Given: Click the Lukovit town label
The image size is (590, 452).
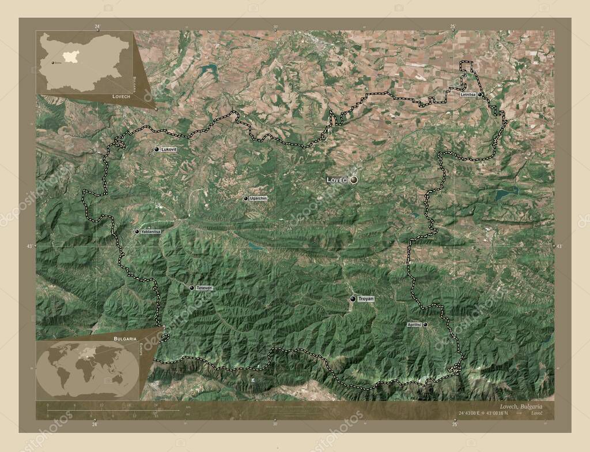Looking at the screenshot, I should tap(169, 149).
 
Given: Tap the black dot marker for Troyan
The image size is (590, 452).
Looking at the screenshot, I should tap(353, 299).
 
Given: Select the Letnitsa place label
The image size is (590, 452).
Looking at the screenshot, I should tap(468, 94).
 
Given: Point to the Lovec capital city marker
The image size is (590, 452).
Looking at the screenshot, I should tap(354, 180).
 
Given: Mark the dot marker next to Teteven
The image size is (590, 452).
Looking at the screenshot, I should tap(192, 287).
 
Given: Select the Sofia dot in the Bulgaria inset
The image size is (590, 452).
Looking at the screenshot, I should tap(52, 62).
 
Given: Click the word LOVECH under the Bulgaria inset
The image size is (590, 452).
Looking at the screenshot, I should tap(121, 97).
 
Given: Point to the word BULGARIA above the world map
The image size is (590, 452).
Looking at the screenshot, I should tap(125, 338).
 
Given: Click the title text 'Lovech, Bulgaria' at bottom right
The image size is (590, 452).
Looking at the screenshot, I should tap(519, 406).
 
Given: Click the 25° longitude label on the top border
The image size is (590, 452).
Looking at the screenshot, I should tap(453, 27).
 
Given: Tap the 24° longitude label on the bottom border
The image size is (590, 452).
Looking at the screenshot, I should tap(94, 424).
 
